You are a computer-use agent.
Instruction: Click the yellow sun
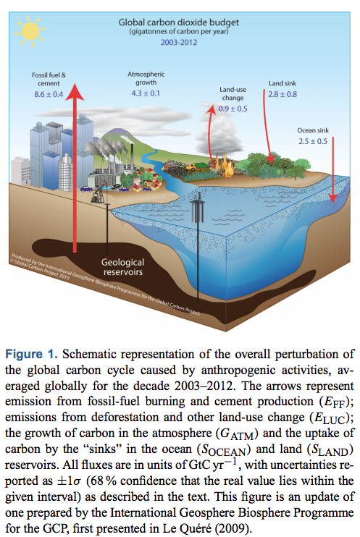pyautogui.click(x=30, y=31)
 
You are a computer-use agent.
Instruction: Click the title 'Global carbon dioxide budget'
pyautogui.click(x=179, y=22)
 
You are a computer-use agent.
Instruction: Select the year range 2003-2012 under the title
pyautogui.click(x=179, y=43)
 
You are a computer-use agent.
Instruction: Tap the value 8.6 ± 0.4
pyautogui.click(x=49, y=95)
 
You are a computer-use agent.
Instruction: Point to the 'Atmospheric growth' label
pyautogui.click(x=146, y=78)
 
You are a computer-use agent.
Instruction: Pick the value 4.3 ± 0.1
pyautogui.click(x=146, y=93)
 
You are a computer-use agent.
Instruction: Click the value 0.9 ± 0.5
pyautogui.click(x=233, y=109)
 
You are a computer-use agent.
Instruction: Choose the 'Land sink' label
pyautogui.click(x=282, y=83)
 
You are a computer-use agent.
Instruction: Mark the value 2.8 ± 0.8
pyautogui.click(x=282, y=94)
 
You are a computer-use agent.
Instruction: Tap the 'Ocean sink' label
pyautogui.click(x=313, y=130)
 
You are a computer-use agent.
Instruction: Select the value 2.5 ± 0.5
pyautogui.click(x=313, y=141)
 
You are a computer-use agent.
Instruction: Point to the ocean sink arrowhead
pyautogui.click(x=332, y=198)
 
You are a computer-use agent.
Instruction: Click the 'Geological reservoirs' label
pyautogui.click(x=122, y=267)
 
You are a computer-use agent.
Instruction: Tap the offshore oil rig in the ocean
pyautogui.click(x=198, y=208)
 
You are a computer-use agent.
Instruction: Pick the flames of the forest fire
pyautogui.click(x=224, y=164)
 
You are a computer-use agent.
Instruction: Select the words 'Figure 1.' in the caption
pyautogui.click(x=32, y=354)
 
